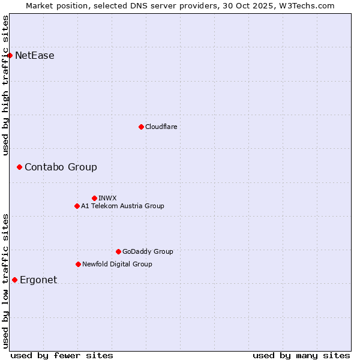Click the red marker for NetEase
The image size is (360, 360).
[x=10, y=56]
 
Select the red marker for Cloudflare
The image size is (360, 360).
[x=141, y=127]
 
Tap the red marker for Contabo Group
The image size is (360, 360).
[x=19, y=167]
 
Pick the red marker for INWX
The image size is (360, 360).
[x=94, y=198]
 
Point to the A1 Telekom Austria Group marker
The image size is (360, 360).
[x=77, y=206]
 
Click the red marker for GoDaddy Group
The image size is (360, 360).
[x=118, y=251]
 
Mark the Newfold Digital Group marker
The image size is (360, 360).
[x=78, y=264]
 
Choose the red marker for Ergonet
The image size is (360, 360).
[x=14, y=280]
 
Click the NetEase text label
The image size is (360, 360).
[x=35, y=56]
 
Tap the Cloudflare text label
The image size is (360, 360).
[x=161, y=127]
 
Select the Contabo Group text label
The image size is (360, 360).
[x=61, y=167]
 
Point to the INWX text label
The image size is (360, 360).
[x=107, y=198]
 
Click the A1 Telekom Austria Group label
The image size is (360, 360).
[x=122, y=206]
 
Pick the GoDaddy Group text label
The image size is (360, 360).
[x=148, y=251]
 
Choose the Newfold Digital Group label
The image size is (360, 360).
[x=117, y=264]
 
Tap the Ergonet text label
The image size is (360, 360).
[x=38, y=280]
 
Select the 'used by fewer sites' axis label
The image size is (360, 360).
[x=62, y=355]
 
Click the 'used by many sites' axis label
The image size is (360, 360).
[x=301, y=355]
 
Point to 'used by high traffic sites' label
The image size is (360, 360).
[x=5, y=85]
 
